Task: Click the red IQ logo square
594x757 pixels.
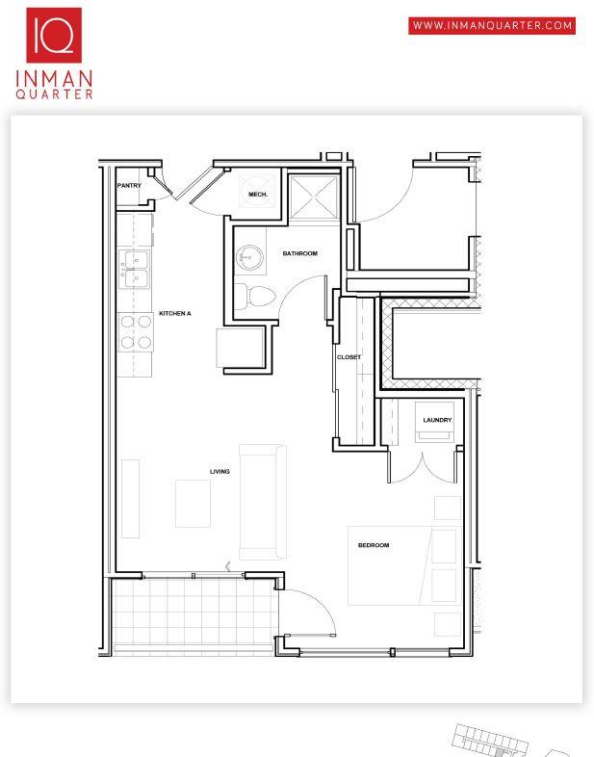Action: pos(54,36)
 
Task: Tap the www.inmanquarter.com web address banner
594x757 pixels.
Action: pos(492,26)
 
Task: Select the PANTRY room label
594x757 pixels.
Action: pos(129,185)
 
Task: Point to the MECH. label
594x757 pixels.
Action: pos(258,195)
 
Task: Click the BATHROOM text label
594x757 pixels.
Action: pos(300,253)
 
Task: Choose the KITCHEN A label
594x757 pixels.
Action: pos(174,313)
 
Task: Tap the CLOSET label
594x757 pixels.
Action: pos(349,357)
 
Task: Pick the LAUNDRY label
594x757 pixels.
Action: pos(437,420)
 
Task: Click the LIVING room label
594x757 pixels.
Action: pos(220,471)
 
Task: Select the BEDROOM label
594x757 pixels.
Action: pos(374,545)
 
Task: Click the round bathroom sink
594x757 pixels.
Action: pos(249,257)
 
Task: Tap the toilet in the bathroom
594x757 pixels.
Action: pos(254,296)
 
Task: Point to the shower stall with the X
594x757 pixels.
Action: pos(314,197)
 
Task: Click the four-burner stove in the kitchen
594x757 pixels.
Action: pos(136,332)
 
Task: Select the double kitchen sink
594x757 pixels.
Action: pos(134,270)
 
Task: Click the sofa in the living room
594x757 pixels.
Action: pos(263,502)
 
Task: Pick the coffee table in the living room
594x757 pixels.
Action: pos(193,504)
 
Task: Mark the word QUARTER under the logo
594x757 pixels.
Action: pos(54,93)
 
